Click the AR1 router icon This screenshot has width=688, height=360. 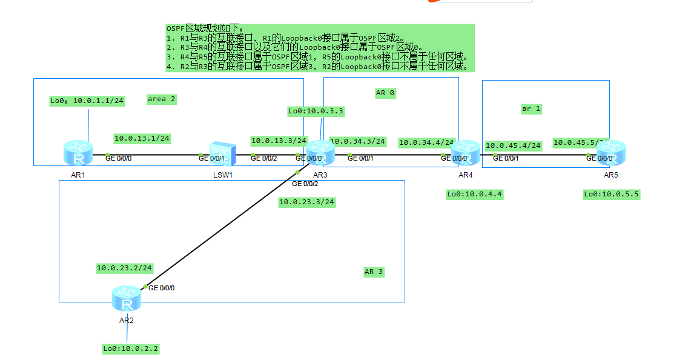tap(78, 153)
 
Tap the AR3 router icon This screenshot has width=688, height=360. tap(320, 153)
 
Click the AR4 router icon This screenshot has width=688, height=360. tap(465, 153)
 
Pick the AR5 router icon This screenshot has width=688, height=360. tap(610, 153)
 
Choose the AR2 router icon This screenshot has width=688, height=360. tap(127, 298)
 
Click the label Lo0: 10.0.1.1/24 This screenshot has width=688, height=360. tap(87, 101)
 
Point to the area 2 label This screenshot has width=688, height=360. tap(162, 99)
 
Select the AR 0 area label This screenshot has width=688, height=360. tap(385, 93)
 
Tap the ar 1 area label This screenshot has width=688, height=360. tap(531, 108)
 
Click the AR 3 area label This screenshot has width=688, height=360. tap(374, 272)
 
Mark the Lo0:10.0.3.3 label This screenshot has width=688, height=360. tap(316, 111)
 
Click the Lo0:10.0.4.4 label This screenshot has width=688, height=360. tap(475, 194)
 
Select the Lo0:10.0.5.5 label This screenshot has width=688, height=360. tap(611, 194)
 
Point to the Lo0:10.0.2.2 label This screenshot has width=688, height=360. tap(131, 348)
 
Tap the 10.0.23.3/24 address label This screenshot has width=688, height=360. tap(306, 202)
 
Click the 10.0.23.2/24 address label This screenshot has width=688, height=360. tap(124, 267)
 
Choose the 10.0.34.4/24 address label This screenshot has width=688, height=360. tap(426, 142)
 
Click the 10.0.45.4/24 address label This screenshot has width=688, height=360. tap(513, 145)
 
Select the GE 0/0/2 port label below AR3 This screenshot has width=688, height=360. tap(305, 183)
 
